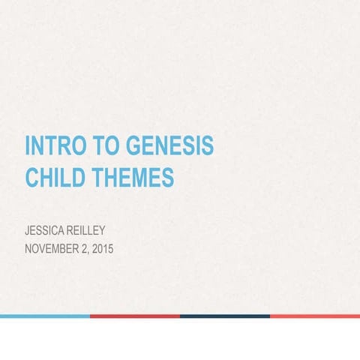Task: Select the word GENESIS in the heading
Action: click(x=166, y=145)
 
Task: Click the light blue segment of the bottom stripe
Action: click(x=45, y=316)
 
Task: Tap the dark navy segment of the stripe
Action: click(x=225, y=316)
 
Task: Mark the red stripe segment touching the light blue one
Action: click(x=135, y=316)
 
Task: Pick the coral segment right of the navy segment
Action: click(x=315, y=316)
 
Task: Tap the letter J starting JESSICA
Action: click(x=28, y=229)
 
